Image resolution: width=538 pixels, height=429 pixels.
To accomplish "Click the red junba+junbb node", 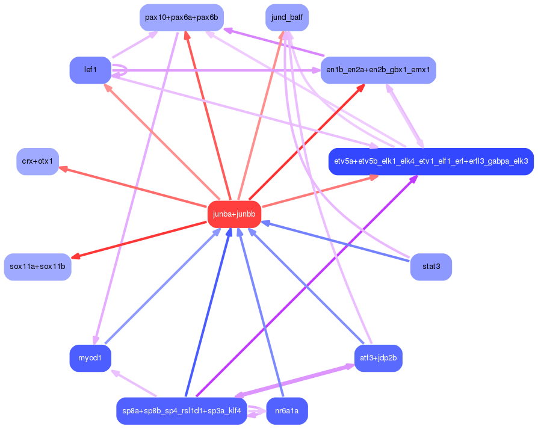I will tap(234, 214).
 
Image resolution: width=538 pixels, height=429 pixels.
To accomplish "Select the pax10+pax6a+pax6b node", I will tap(181, 17).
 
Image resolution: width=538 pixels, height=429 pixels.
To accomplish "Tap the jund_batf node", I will tap(287, 17).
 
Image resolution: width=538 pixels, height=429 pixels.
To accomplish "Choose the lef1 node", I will tap(90, 70).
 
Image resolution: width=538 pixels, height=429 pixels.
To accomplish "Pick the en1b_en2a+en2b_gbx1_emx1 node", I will tap(378, 70).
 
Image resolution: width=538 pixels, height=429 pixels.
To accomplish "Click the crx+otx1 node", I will tap(37, 161).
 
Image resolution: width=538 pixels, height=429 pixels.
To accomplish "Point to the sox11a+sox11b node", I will tap(38, 266).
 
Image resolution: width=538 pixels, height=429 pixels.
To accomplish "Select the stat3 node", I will tap(431, 266).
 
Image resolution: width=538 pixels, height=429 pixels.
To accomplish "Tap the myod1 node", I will tap(90, 359).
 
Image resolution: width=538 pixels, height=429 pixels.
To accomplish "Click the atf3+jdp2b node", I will tap(378, 359).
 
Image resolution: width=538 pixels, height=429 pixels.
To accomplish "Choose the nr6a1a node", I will tap(287, 411).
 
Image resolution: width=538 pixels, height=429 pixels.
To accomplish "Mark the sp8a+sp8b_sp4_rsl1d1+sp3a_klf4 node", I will tap(181, 411).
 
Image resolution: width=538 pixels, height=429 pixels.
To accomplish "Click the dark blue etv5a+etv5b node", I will tap(431, 161).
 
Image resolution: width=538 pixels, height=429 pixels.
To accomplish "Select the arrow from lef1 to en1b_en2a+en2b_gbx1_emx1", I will tap(217, 70).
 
